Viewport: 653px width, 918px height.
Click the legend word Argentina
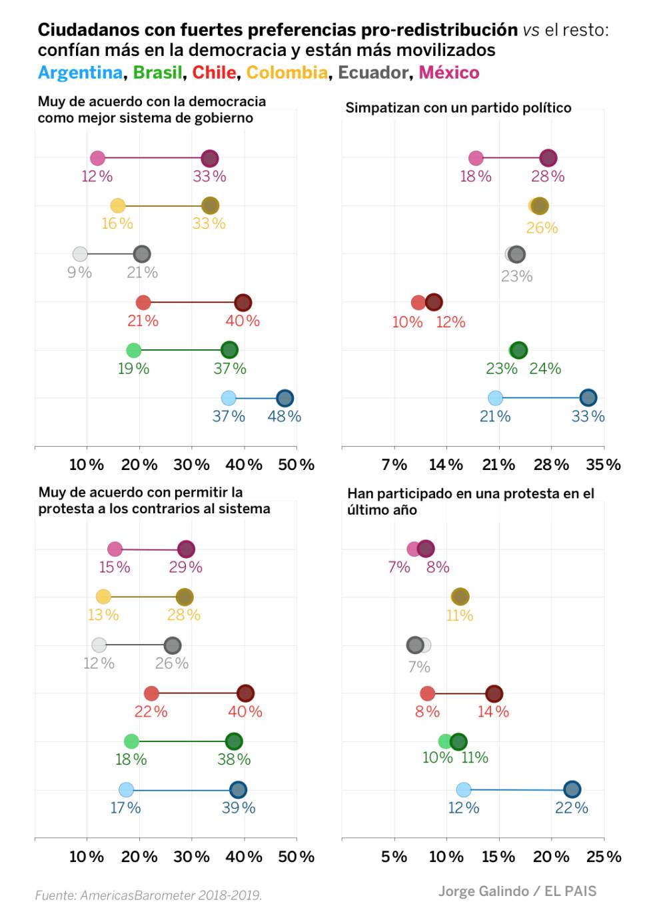(x=80, y=73)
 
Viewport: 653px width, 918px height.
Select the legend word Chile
(x=214, y=73)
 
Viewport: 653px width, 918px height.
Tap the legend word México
(x=448, y=73)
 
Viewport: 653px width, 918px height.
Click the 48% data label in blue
(x=285, y=417)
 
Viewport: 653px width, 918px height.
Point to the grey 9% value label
(x=79, y=272)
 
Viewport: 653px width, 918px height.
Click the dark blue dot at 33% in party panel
(x=588, y=398)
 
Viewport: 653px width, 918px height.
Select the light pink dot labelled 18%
(x=476, y=158)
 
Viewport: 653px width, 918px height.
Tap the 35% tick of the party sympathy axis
(x=603, y=465)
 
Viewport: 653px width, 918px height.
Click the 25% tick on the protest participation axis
(x=603, y=857)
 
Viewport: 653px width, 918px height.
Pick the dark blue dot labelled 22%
(x=572, y=789)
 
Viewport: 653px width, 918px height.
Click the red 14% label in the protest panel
(x=493, y=711)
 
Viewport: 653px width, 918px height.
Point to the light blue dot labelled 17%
(x=126, y=790)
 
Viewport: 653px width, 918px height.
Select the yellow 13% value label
(x=103, y=615)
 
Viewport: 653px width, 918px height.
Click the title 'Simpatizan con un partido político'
(x=458, y=108)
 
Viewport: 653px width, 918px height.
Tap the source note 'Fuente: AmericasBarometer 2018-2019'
(x=149, y=895)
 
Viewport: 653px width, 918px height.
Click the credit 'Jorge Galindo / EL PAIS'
(x=517, y=891)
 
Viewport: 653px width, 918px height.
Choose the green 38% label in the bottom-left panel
(x=234, y=759)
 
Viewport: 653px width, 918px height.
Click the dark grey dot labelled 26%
(x=173, y=645)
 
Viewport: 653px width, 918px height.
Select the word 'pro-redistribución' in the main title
(x=439, y=30)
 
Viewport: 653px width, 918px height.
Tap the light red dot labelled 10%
(x=418, y=303)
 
